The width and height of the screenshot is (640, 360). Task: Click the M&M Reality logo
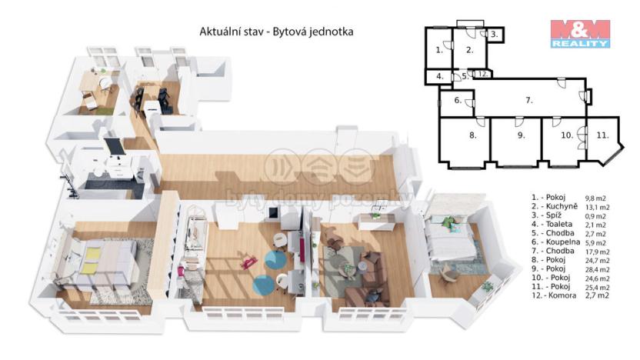[579, 34]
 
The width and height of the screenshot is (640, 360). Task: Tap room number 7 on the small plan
[528, 100]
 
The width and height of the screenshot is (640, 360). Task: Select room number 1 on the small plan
[438, 50]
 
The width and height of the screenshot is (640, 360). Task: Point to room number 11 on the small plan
[603, 134]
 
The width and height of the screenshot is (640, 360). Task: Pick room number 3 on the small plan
[495, 35]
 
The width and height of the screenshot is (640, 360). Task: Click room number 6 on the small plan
[456, 100]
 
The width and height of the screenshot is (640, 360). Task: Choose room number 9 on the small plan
[521, 135]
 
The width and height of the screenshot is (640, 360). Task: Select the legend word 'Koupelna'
[552, 239]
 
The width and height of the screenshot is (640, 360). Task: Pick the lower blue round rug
[263, 284]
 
